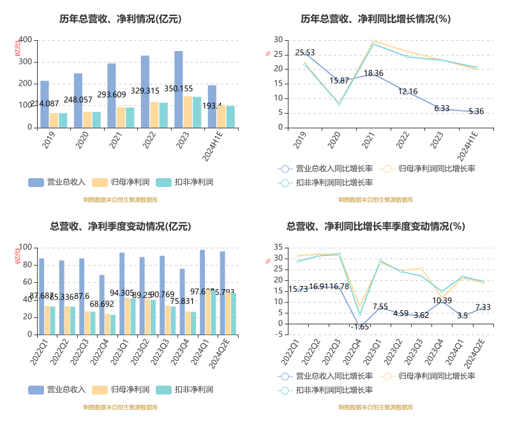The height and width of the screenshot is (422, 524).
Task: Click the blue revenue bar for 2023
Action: pyautogui.click(x=179, y=89)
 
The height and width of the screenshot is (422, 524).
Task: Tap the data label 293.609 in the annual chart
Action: pyautogui.click(x=112, y=94)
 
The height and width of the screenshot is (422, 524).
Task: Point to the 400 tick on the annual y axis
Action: pyautogui.click(x=25, y=40)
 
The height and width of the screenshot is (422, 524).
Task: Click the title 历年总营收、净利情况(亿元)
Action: pyautogui.click(x=121, y=19)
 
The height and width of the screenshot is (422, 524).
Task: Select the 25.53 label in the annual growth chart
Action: pyautogui.click(x=305, y=52)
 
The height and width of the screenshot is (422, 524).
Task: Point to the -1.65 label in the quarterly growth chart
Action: pyautogui.click(x=359, y=326)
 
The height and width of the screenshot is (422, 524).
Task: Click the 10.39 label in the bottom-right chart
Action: pyautogui.click(x=442, y=301)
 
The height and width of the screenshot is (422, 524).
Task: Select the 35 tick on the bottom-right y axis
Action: pyautogui.click(x=278, y=247)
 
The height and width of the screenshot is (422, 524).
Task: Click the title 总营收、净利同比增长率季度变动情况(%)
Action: pyautogui.click(x=376, y=226)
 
